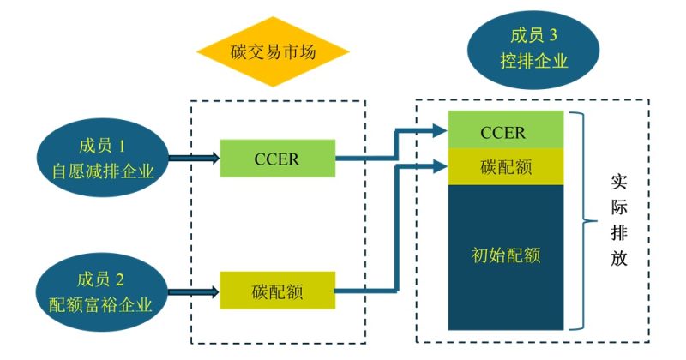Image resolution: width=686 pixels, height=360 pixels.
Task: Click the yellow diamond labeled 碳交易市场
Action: pyautogui.click(x=273, y=51)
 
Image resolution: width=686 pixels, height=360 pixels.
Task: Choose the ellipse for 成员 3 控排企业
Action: pyautogui.click(x=533, y=48)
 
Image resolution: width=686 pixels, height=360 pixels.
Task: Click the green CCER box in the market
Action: pyautogui.click(x=277, y=159)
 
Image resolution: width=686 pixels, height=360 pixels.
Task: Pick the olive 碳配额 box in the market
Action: pyautogui.click(x=277, y=291)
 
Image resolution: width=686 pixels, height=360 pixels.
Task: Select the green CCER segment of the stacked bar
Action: pyautogui.click(x=506, y=134)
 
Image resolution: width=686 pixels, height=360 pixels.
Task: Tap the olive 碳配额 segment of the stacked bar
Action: pyautogui.click(x=506, y=167)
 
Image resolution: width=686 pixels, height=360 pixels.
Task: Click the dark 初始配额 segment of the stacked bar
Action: pyautogui.click(x=506, y=255)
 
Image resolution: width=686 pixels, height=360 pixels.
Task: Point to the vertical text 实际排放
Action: pyautogui.click(x=618, y=221)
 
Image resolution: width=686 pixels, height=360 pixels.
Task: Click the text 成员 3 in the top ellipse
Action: pyautogui.click(x=533, y=35)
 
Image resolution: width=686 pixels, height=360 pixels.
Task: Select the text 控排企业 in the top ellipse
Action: pyautogui.click(x=533, y=62)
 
